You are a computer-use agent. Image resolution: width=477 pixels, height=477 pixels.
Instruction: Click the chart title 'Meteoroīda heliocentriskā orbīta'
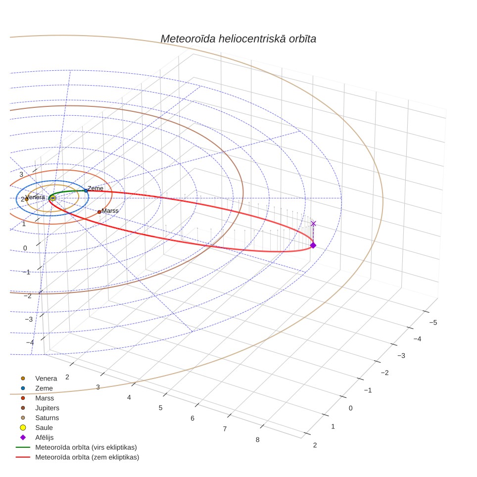click(238, 39)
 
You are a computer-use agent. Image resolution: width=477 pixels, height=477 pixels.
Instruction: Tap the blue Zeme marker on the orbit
click(86, 191)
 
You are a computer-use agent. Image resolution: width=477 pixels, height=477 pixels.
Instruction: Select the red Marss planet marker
click(99, 212)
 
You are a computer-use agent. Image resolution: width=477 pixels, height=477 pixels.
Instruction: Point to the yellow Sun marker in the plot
click(53, 198)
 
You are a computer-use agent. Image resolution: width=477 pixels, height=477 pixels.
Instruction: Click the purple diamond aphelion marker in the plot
click(313, 245)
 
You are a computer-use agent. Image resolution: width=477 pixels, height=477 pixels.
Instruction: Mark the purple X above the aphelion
click(313, 224)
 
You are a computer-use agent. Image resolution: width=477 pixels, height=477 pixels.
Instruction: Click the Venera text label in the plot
click(35, 197)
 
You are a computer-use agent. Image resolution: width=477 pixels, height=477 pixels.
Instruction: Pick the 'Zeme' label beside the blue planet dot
click(95, 189)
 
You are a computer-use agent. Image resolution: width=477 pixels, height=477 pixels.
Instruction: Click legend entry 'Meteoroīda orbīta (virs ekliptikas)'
click(76, 447)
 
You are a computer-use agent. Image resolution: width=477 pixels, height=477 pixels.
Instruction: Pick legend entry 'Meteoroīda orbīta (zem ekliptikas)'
click(77, 457)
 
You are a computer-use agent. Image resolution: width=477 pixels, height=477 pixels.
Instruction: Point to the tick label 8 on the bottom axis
click(258, 439)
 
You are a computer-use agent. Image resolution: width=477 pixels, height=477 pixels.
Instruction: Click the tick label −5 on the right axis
click(433, 323)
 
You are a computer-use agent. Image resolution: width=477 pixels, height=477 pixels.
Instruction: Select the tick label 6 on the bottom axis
click(192, 418)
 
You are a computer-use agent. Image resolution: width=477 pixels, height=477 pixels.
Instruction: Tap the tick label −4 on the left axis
click(30, 342)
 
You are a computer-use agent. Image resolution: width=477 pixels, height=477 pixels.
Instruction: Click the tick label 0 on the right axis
click(350, 408)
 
